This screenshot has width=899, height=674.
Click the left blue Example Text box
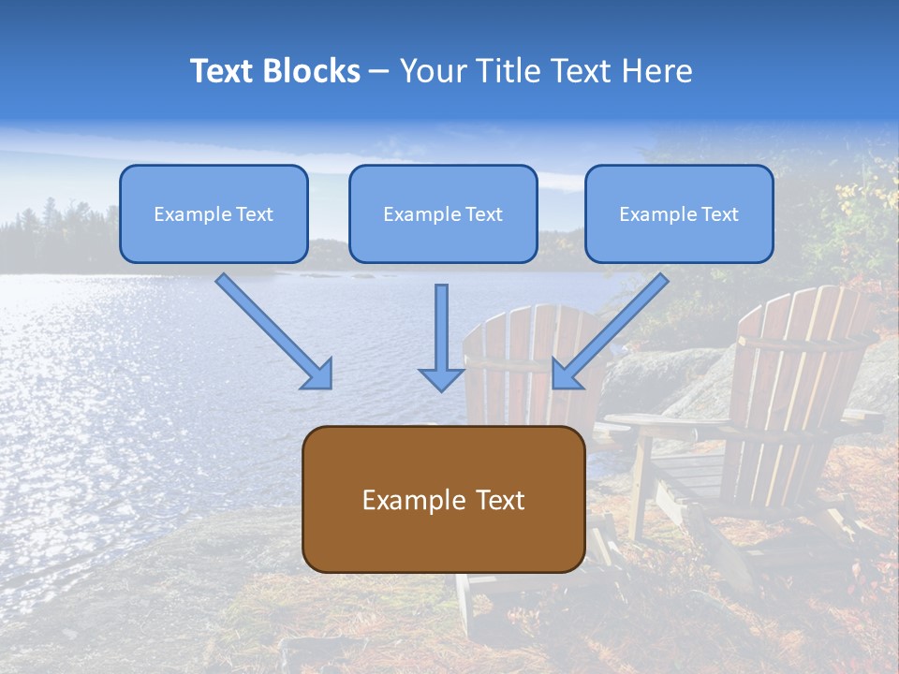coord(214,213)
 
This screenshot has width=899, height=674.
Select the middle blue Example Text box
coord(443,213)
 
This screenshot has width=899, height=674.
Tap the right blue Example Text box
coord(679,213)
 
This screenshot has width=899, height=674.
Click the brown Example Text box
coord(443,499)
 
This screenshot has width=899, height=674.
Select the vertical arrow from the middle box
coord(441,332)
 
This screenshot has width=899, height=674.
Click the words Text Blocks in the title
coord(274,71)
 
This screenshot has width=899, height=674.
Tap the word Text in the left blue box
coord(255,214)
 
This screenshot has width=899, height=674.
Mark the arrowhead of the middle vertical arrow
coord(441,378)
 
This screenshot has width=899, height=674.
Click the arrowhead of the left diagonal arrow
coord(317,374)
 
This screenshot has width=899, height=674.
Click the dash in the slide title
coord(379,72)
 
